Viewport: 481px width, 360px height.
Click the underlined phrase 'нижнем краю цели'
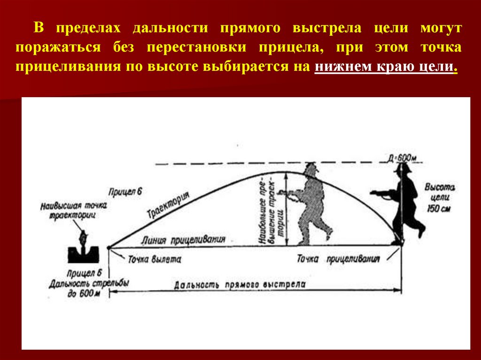tap(385, 67)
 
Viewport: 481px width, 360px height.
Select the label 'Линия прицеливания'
tap(183, 239)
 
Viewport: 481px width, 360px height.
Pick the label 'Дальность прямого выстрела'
tap(240, 285)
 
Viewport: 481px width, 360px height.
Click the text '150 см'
tap(439, 209)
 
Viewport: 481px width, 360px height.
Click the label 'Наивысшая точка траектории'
tap(74, 210)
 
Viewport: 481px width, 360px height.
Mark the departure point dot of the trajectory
tap(109, 247)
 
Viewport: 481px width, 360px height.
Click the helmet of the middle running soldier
tap(310, 169)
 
